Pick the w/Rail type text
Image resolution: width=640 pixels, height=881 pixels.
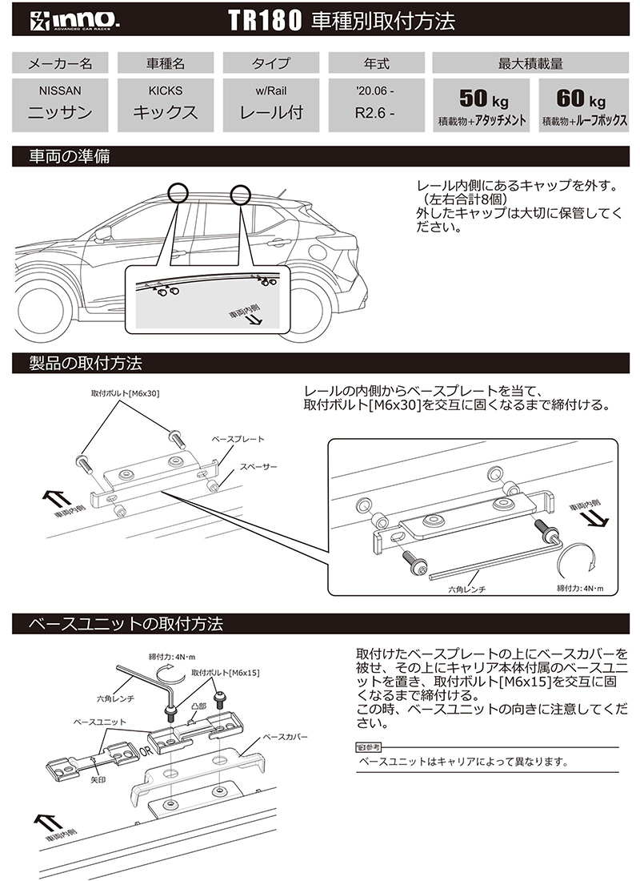pos(271,91)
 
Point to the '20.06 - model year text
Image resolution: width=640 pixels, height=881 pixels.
pos(376,91)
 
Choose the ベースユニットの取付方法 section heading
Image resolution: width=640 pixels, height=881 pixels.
pos(125,622)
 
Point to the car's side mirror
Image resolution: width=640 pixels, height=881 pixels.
pos(103,235)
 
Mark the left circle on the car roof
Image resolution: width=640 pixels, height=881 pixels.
pos(178,192)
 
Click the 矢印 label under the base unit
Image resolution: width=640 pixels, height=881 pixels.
pos(98,778)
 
